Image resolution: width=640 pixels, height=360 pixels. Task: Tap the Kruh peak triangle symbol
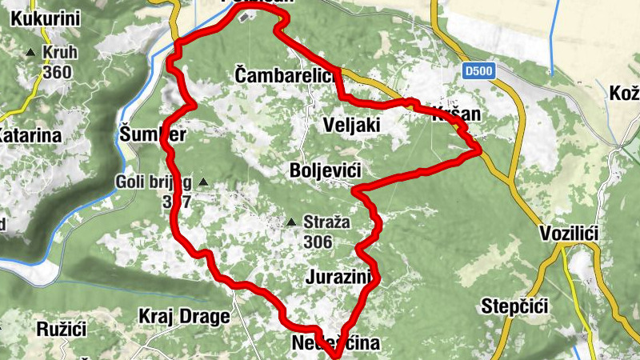[30, 53]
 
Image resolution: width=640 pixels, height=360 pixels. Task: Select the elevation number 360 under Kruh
[58, 73]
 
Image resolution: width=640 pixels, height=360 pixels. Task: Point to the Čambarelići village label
[284, 74]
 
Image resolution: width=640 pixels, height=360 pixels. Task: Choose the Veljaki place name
[353, 124]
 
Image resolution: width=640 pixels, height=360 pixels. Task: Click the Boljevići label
[326, 170]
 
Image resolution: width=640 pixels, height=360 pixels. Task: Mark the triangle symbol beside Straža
[293, 222]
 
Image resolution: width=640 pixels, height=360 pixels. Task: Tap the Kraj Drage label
[184, 316]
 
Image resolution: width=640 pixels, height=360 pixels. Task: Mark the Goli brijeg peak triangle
[202, 182]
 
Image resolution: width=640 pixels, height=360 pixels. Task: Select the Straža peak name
[328, 222]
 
